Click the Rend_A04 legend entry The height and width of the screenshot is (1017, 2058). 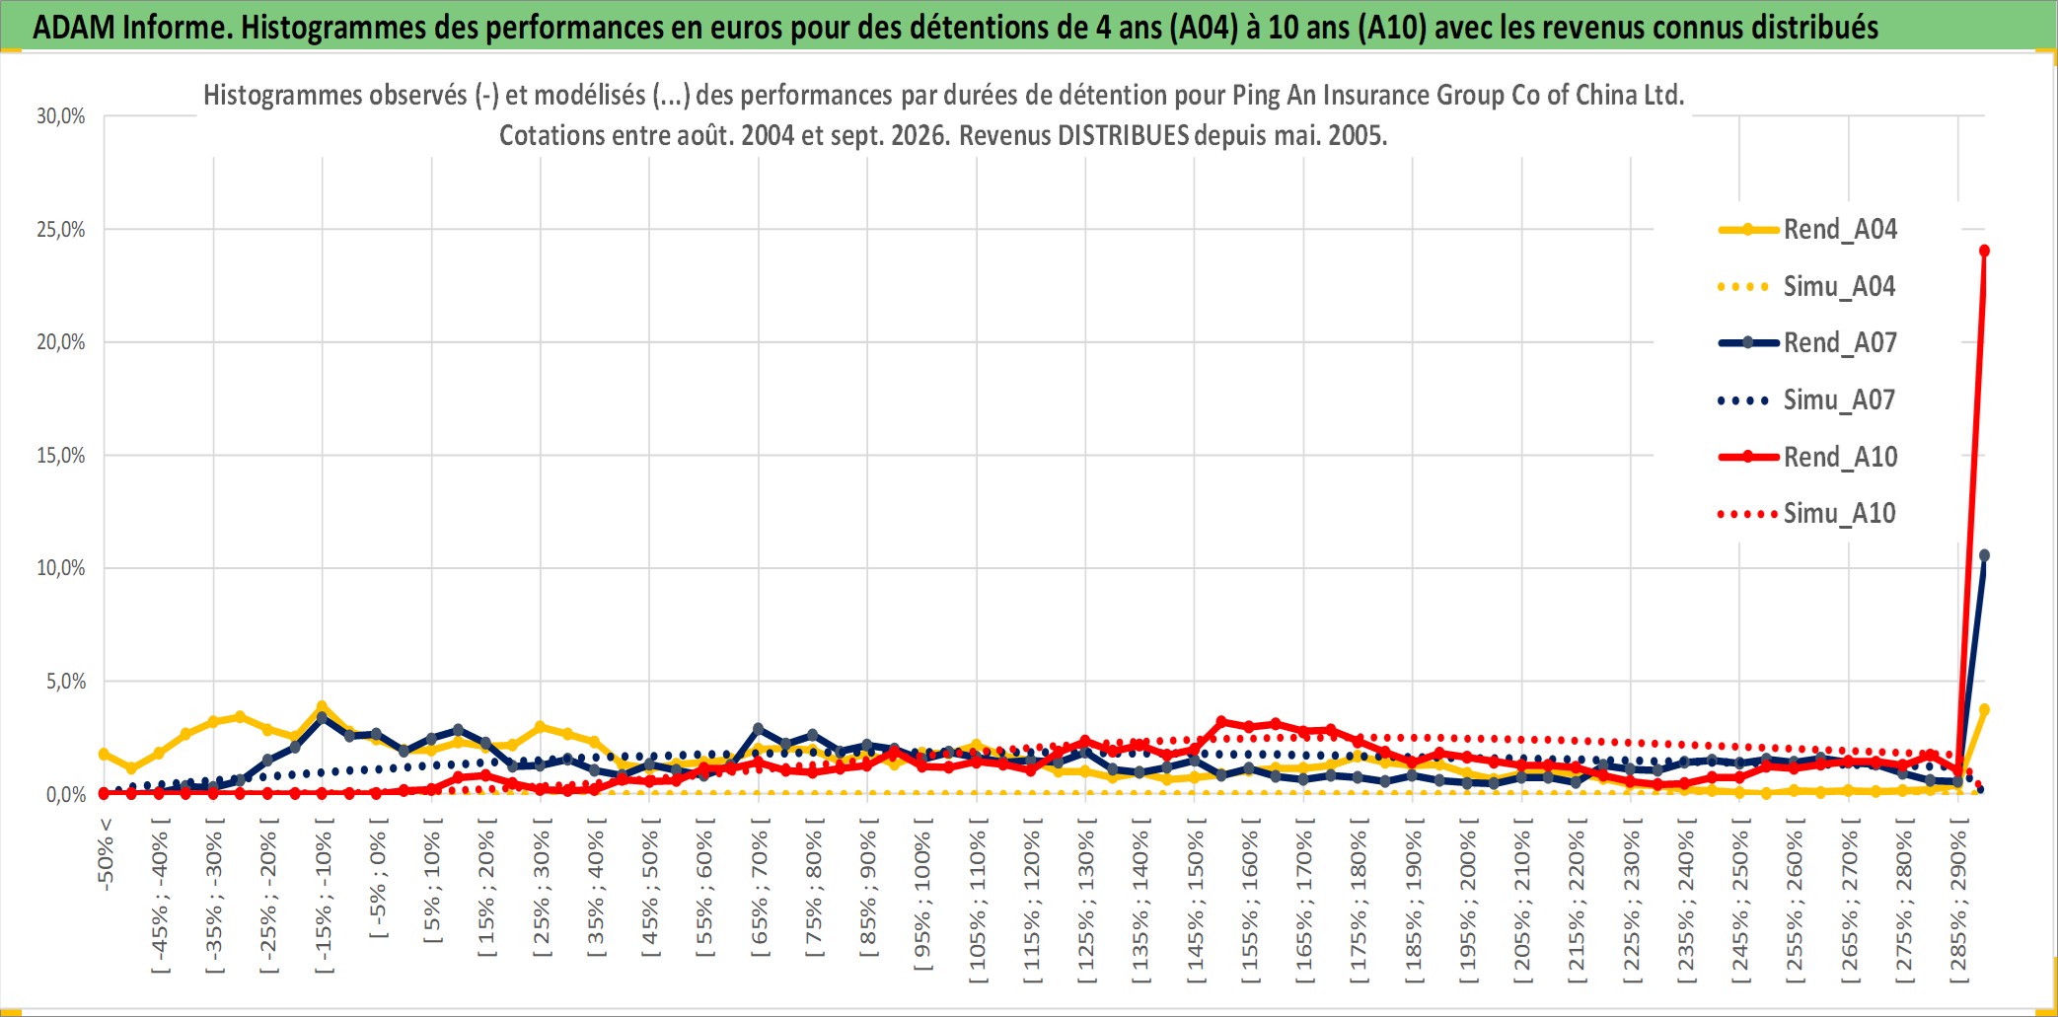1807,230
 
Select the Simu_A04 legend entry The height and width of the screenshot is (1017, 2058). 1807,287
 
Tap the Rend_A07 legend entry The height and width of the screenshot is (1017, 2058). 1807,343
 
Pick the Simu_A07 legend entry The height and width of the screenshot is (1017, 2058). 1807,400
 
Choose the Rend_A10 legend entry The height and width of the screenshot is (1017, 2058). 1807,458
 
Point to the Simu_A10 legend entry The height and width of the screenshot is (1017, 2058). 1807,514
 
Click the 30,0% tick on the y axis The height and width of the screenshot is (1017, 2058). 61,116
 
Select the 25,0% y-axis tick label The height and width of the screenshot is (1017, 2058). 61,230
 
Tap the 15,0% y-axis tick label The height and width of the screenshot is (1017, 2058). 61,456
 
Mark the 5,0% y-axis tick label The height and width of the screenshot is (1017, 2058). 66,682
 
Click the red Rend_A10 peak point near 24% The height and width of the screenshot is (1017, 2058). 1984,251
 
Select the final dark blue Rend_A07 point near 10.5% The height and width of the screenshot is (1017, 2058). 1984,555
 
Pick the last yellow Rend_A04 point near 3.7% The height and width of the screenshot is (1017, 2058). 1984,709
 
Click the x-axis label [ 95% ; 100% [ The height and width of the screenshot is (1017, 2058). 922,901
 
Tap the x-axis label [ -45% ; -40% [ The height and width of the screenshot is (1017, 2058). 160,902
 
